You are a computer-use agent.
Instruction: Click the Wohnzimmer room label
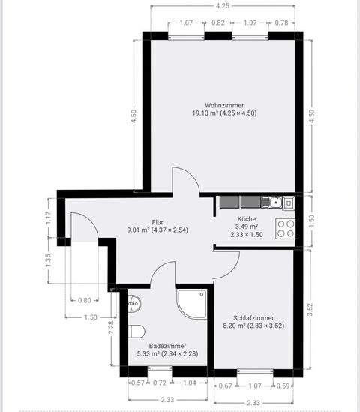coord(224,105)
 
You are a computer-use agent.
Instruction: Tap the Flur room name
coord(157,222)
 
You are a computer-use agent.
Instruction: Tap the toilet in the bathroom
coord(136,332)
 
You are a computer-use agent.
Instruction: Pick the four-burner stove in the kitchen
coord(285,227)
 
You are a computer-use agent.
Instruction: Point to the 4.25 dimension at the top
coord(223,6)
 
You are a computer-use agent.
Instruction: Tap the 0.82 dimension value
coord(217,23)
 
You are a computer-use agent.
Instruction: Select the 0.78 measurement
coord(282,23)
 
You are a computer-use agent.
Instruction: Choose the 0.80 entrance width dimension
coord(85,299)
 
